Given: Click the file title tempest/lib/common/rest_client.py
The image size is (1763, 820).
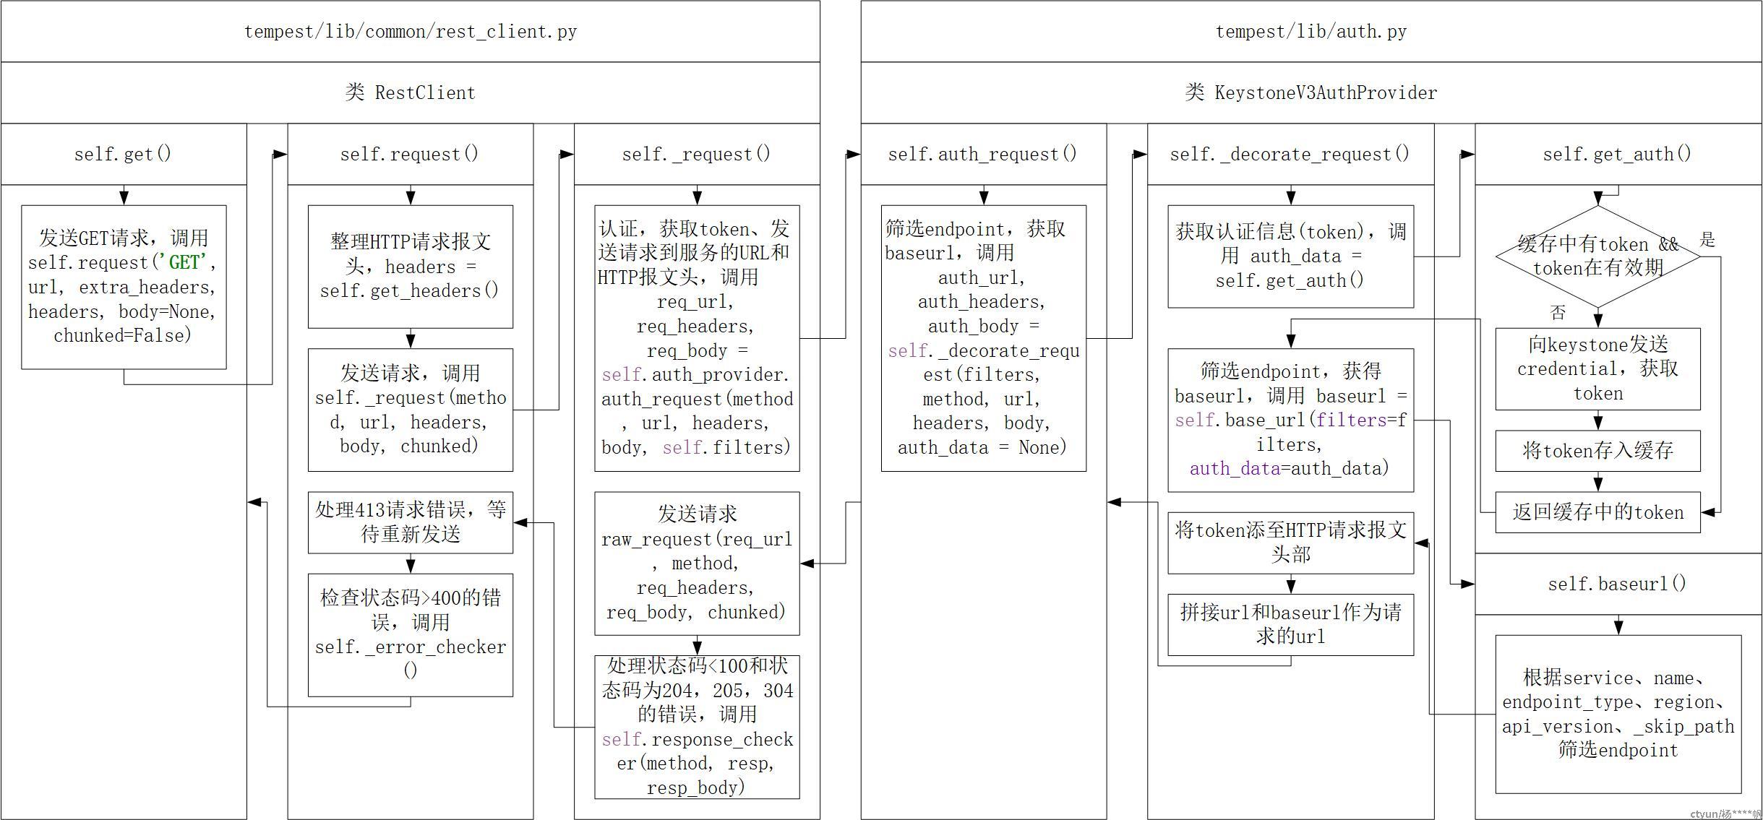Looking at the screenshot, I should (410, 32).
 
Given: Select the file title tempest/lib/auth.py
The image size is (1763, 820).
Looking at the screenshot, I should (1311, 32).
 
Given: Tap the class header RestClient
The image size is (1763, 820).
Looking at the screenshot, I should (410, 92).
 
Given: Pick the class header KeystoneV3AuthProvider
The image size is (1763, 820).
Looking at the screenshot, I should (1311, 92).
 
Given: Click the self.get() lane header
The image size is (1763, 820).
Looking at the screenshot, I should (123, 154).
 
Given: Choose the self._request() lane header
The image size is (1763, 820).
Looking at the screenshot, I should (696, 154).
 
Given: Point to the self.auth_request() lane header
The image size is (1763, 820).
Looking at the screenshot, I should (982, 154).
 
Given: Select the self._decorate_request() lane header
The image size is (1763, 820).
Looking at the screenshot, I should (1290, 154).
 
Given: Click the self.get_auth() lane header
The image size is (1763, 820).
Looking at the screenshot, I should (1617, 154).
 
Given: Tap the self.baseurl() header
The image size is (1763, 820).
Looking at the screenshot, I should (1617, 584).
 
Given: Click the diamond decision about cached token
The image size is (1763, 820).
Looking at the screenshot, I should (1597, 256).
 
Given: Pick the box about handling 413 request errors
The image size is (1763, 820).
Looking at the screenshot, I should (410, 522).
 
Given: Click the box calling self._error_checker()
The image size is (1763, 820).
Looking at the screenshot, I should (410, 634).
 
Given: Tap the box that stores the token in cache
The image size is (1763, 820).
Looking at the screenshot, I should (1597, 451).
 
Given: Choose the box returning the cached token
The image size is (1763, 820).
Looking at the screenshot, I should (1597, 512).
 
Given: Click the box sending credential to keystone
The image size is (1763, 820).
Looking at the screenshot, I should (1597, 368).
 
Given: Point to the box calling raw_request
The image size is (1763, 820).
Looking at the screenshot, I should (696, 563).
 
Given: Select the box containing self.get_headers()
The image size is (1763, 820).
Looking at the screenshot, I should (410, 267).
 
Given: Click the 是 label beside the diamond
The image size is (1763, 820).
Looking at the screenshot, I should (1707, 240).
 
